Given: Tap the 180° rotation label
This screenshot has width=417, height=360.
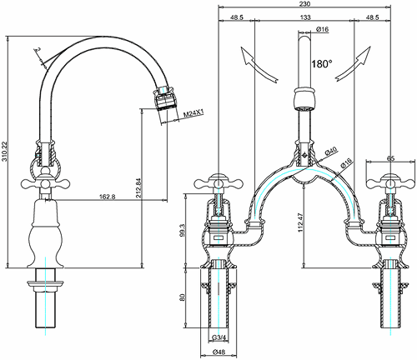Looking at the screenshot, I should click(x=322, y=63).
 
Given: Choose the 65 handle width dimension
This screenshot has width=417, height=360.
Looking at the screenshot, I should click(x=391, y=157).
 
